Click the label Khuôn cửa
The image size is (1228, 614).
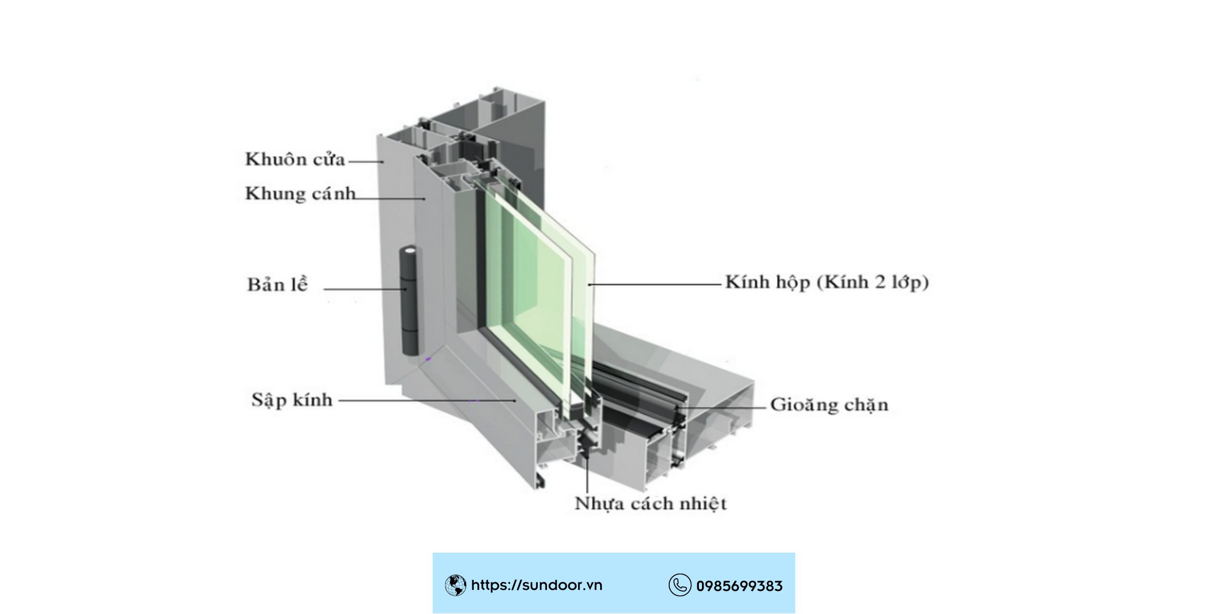tap(295, 159)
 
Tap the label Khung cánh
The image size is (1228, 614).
tap(300, 194)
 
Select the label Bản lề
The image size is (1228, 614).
tap(278, 284)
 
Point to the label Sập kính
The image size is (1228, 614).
tap(292, 400)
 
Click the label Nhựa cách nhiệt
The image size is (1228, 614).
tap(651, 503)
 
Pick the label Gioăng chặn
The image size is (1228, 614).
tap(829, 405)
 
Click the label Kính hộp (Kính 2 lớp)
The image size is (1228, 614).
tap(827, 282)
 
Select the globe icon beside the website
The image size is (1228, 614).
tap(455, 585)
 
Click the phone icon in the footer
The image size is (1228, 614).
tap(679, 585)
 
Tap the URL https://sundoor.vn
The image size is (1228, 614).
tap(537, 585)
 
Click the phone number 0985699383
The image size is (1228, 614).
tap(739, 586)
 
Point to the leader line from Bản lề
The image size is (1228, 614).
tap(365, 289)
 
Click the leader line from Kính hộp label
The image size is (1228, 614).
tap(654, 284)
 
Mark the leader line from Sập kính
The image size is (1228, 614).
tap(427, 401)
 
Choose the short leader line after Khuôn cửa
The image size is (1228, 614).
tap(366, 162)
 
